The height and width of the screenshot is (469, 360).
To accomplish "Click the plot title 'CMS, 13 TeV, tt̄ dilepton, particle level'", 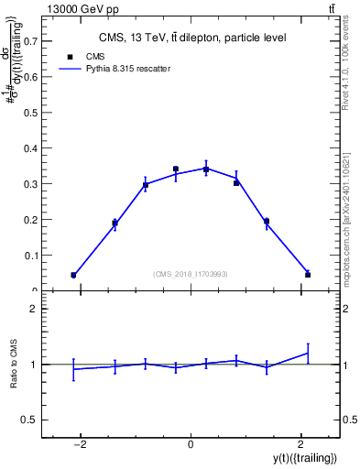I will (192, 38).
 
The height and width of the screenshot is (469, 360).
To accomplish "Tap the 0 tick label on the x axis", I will (191, 444).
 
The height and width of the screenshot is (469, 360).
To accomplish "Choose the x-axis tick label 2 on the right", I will (300, 444).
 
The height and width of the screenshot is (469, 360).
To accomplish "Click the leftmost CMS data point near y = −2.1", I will (73, 275).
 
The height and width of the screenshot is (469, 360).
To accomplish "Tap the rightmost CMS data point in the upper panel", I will (308, 275).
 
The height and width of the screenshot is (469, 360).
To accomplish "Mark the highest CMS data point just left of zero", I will (176, 169).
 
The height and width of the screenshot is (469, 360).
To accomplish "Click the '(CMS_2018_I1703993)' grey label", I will (191, 274).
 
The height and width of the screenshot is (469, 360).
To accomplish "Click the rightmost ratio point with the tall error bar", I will (308, 353).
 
